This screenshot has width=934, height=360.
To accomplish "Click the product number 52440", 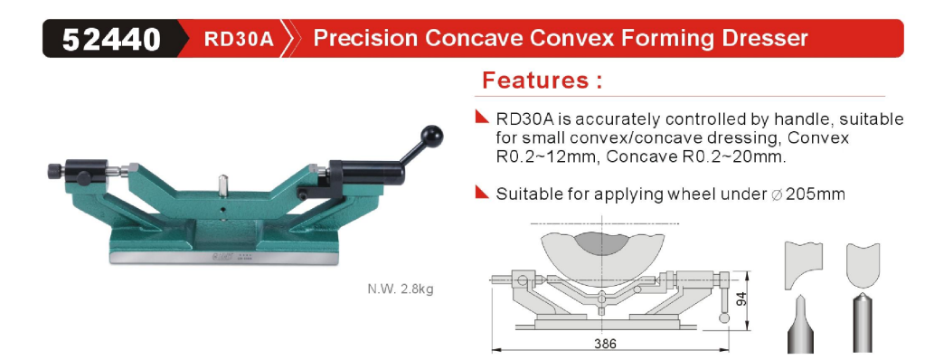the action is (x=111, y=39).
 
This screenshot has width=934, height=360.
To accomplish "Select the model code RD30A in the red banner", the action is (x=239, y=39).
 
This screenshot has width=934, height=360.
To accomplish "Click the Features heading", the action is (x=542, y=80).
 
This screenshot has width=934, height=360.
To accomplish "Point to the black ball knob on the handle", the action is (x=431, y=137).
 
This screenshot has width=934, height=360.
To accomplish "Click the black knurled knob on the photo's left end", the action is (x=55, y=172).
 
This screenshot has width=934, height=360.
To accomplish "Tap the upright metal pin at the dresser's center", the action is (x=222, y=185).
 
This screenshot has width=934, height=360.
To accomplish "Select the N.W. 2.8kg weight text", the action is (x=401, y=290).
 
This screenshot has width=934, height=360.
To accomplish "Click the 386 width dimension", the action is (x=605, y=344).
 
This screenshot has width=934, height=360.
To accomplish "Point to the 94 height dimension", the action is (x=741, y=299).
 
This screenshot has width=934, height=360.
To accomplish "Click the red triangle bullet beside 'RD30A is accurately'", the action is (x=483, y=116).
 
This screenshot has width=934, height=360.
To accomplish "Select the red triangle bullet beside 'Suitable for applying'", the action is (x=483, y=192).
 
